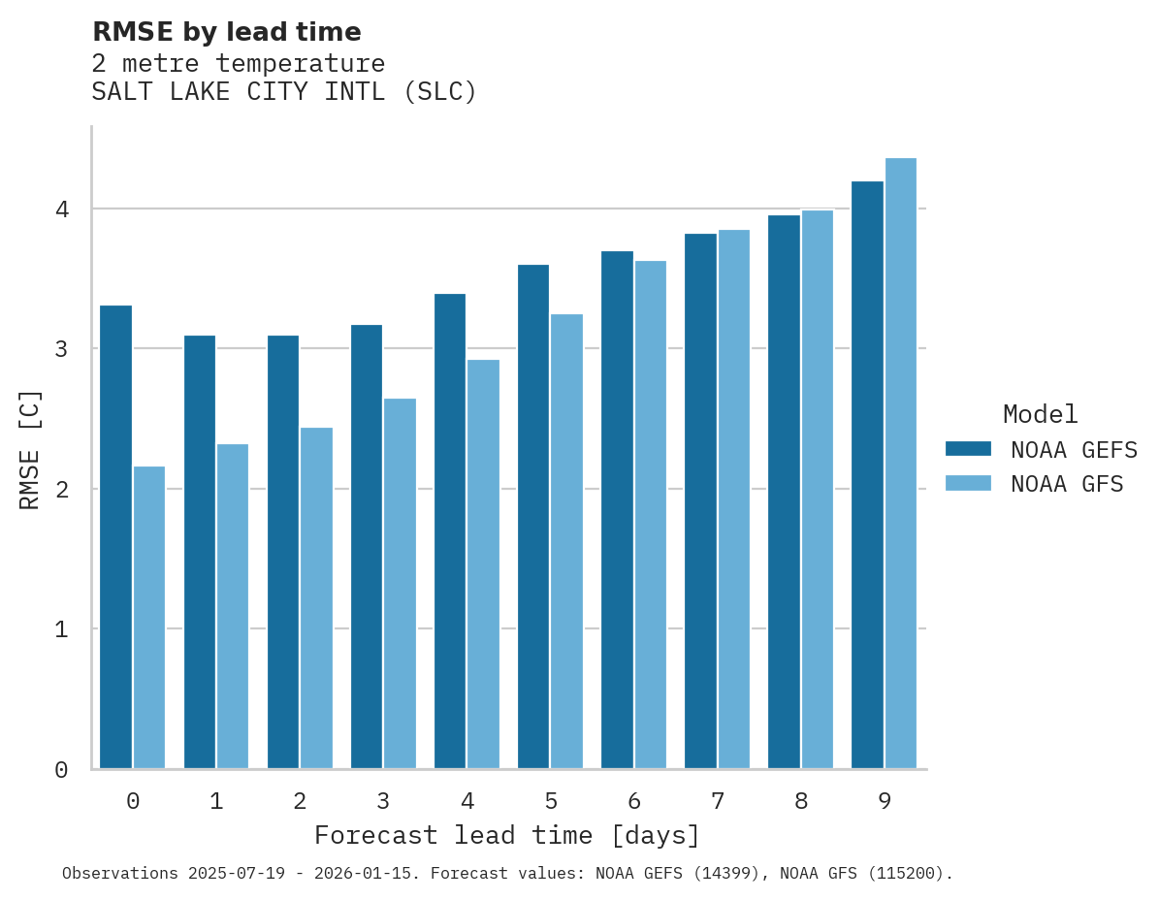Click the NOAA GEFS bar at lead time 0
[115, 537]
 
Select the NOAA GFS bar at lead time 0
[149, 618]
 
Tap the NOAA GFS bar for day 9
[901, 464]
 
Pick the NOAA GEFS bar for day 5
[533, 517]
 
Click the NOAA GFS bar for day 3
[400, 584]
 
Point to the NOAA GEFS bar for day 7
[700, 501]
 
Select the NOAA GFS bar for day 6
[651, 515]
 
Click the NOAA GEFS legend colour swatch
[968, 448]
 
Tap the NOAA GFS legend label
[1067, 484]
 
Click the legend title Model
[1040, 414]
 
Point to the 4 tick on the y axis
[61, 209]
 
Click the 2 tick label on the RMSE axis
[61, 490]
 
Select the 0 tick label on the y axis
[61, 770]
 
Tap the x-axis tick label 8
[801, 801]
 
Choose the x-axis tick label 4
[467, 801]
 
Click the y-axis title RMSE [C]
[30, 449]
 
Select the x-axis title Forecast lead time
[506, 835]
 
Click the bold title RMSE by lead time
[226, 32]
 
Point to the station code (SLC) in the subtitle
[440, 92]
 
